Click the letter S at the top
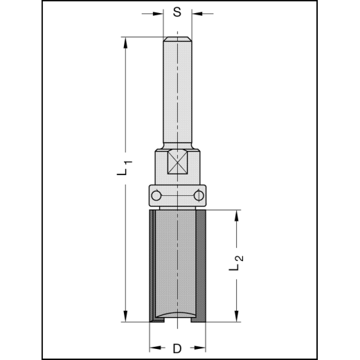(177, 12)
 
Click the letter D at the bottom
(177, 348)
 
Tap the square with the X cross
(178, 165)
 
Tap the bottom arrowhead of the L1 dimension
(125, 317)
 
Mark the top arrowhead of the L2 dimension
(238, 214)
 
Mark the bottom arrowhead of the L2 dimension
(238, 317)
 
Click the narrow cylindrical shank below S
(178, 90)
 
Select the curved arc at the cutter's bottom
(178, 314)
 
